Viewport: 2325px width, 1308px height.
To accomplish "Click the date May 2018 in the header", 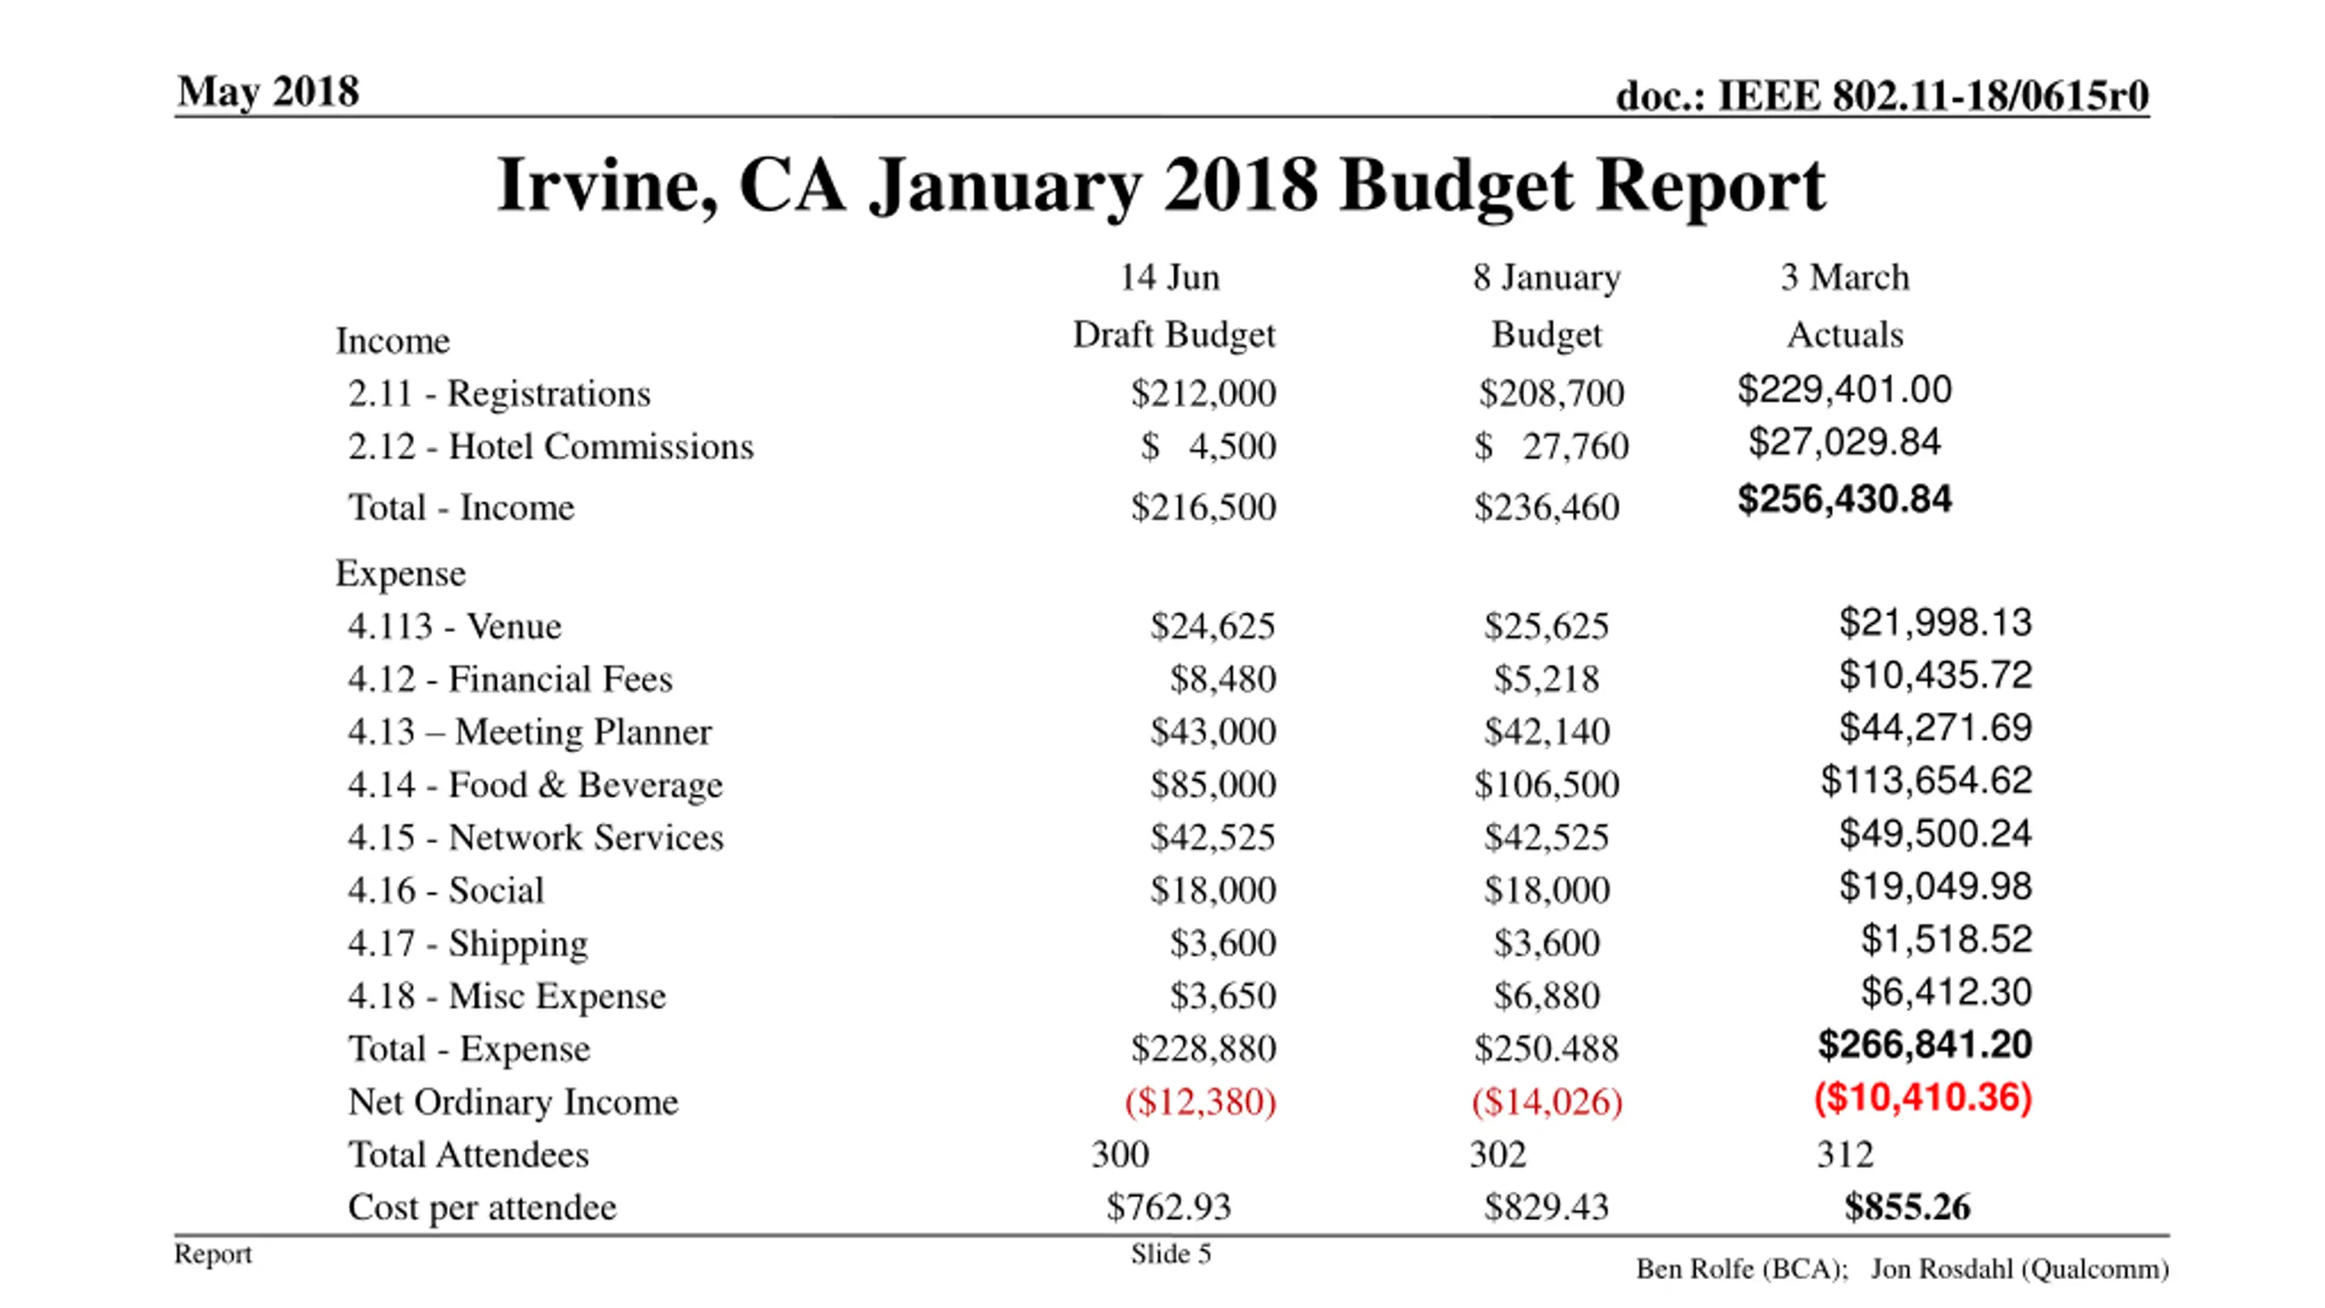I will click(x=268, y=92).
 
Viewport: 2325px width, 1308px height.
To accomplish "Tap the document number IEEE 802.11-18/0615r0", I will click(x=1882, y=95).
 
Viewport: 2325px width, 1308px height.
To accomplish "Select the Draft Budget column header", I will click(x=1173, y=335).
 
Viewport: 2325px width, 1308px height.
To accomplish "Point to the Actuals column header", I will click(x=1845, y=335).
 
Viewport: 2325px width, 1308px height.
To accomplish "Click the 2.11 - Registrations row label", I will click(x=500, y=393).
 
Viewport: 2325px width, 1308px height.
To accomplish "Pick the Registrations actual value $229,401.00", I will click(x=1845, y=390).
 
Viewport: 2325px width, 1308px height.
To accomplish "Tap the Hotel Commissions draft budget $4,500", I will click(x=1208, y=446).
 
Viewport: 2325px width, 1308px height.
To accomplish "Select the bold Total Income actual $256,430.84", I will click(x=1845, y=500).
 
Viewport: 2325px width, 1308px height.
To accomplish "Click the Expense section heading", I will click(x=401, y=573).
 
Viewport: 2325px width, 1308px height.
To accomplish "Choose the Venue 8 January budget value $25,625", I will click(x=1546, y=626).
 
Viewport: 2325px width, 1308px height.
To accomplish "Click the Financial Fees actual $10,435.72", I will click(x=1934, y=675).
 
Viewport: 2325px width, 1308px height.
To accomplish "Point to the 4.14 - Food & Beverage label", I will click(x=535, y=785).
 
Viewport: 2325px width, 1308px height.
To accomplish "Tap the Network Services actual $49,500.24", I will click(x=1934, y=834).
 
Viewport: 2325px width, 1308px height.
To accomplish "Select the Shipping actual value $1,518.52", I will click(x=1945, y=939).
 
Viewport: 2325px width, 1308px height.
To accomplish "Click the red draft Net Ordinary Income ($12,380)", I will click(x=1200, y=1102).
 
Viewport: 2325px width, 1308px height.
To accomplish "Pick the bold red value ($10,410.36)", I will click(x=1923, y=1097).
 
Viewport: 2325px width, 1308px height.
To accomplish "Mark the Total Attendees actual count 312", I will click(x=1845, y=1154).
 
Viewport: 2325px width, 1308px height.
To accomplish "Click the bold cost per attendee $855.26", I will click(x=1907, y=1207).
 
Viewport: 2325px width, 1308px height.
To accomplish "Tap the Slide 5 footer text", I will click(x=1171, y=1254).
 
